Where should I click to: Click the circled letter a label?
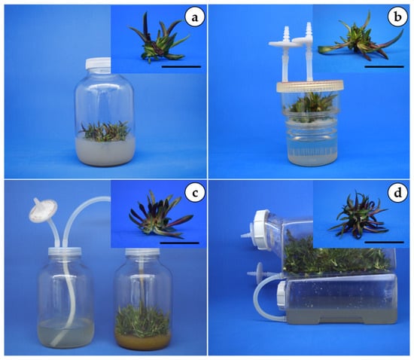195,17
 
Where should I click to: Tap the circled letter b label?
397,17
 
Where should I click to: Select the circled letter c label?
195,194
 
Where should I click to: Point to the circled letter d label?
397,194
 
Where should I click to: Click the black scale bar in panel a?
181,67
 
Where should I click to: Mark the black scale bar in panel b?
384,67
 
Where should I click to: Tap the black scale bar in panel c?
180,243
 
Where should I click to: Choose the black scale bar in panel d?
384,243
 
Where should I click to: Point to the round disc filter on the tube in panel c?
43,210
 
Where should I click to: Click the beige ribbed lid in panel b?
310,87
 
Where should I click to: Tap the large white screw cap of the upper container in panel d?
262,230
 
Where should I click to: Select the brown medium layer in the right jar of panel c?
143,343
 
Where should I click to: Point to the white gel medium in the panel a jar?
105,152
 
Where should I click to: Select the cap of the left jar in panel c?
65,252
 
